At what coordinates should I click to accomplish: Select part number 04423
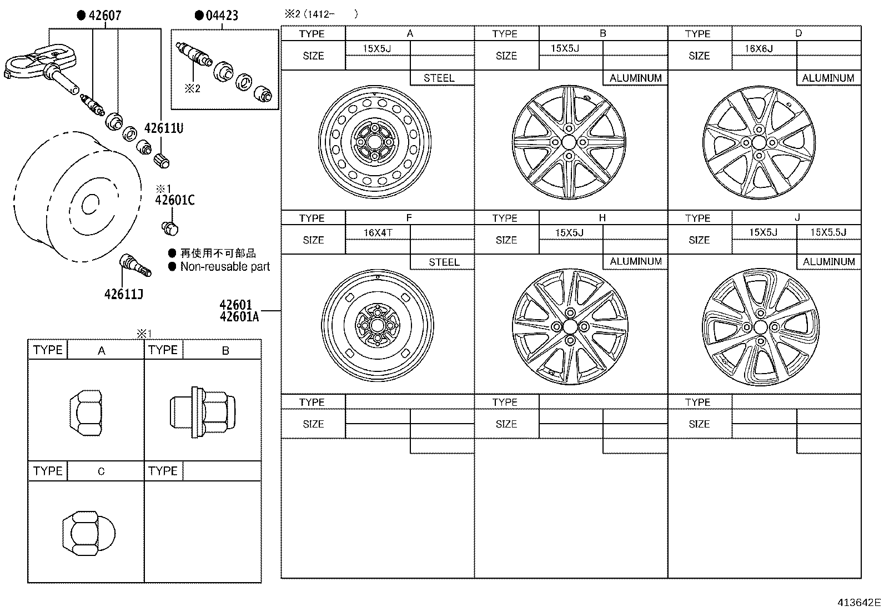coord(222,16)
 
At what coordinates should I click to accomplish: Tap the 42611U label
coord(164,128)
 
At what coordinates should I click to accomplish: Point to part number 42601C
coord(175,200)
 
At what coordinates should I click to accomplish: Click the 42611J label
coord(124,294)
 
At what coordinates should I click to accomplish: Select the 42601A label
coord(239,317)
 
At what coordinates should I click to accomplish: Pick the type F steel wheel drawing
coord(378,325)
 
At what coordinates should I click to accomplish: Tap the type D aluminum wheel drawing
coord(760,143)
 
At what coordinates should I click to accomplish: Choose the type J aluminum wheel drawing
coord(760,326)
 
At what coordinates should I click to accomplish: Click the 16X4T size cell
coord(378,232)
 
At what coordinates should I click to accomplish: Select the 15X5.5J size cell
coord(828,232)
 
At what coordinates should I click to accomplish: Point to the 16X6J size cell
coord(759,49)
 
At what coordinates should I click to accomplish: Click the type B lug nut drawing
coord(202,412)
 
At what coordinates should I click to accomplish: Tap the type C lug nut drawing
coord(89,533)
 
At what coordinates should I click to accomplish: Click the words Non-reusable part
coord(225,267)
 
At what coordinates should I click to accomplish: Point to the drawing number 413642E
coord(860,602)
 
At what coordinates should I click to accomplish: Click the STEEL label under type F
coord(444,262)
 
